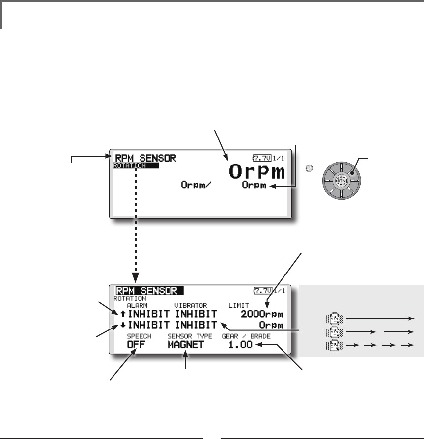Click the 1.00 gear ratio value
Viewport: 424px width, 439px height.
click(240, 345)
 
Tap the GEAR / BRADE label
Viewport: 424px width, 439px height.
click(247, 336)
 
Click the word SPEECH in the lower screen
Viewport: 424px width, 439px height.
click(139, 336)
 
